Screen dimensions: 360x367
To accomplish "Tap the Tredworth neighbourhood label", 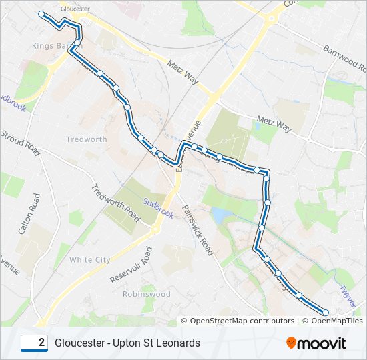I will [x=87, y=139].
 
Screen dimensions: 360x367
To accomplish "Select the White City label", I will [x=90, y=259].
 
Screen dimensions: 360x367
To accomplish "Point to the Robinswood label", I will [x=141, y=293].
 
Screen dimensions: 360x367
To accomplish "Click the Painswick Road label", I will [x=197, y=230].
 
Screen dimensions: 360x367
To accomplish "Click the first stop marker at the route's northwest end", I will [x=42, y=14].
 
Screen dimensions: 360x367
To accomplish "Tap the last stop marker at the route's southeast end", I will [x=326, y=312].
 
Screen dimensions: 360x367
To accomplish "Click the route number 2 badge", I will [x=34, y=343].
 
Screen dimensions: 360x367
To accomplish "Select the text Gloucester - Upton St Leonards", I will [x=127, y=343].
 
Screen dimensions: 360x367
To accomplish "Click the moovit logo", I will [x=316, y=343].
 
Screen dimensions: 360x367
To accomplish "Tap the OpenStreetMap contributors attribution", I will [x=237, y=321].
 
